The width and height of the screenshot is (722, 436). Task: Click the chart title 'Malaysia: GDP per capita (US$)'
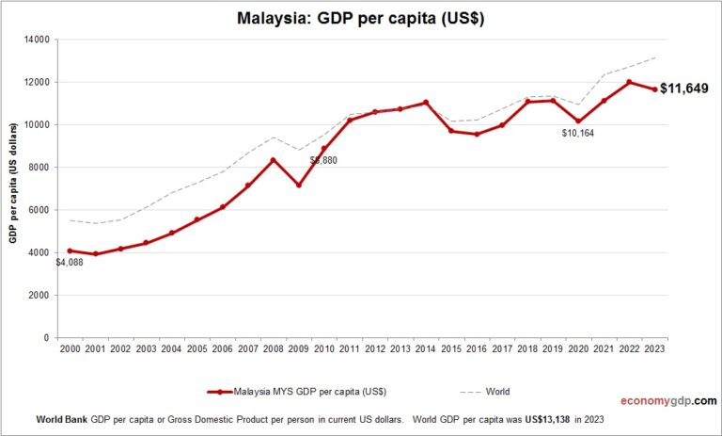tap(361, 19)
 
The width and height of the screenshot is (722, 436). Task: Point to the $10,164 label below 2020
tap(578, 133)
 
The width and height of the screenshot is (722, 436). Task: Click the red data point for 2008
tap(274, 160)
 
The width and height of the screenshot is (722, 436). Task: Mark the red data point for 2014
tap(426, 103)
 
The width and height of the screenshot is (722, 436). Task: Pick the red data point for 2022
tap(629, 82)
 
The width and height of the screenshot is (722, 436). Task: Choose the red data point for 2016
tap(477, 134)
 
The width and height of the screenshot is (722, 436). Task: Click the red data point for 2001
tap(95, 254)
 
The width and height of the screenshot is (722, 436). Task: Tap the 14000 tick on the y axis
tap(41, 40)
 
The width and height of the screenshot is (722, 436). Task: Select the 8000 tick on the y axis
tap(44, 168)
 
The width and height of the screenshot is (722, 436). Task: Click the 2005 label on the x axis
tap(196, 349)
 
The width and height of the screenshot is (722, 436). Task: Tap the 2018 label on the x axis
tap(527, 349)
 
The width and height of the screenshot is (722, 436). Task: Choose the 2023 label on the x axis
tap(654, 349)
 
